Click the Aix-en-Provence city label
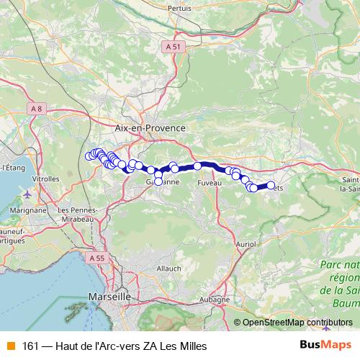[x=150, y=127]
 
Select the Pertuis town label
[x=179, y=9]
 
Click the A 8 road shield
[x=37, y=108]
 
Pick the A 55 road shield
[x=98, y=257]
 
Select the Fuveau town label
[x=210, y=184]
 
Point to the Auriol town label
[x=246, y=245]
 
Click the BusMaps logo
[x=325, y=344]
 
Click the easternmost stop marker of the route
[x=271, y=185]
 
